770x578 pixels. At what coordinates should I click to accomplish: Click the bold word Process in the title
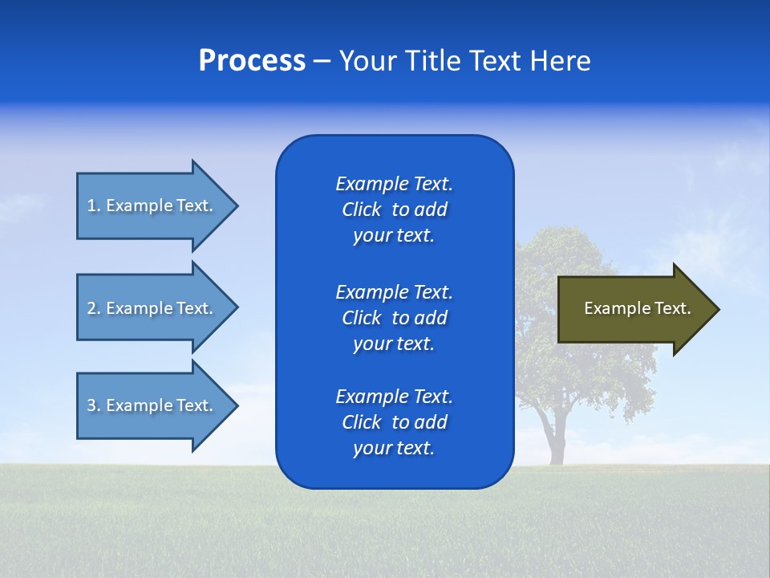point(252,61)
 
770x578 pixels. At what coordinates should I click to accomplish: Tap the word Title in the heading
point(432,61)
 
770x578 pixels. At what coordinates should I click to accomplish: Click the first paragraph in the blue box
point(394,210)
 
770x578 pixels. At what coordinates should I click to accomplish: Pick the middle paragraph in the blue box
point(394,318)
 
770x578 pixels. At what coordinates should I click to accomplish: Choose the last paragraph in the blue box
point(394,422)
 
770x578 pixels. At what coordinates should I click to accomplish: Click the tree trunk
point(553,438)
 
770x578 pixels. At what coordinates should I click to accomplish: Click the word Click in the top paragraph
point(361,210)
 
